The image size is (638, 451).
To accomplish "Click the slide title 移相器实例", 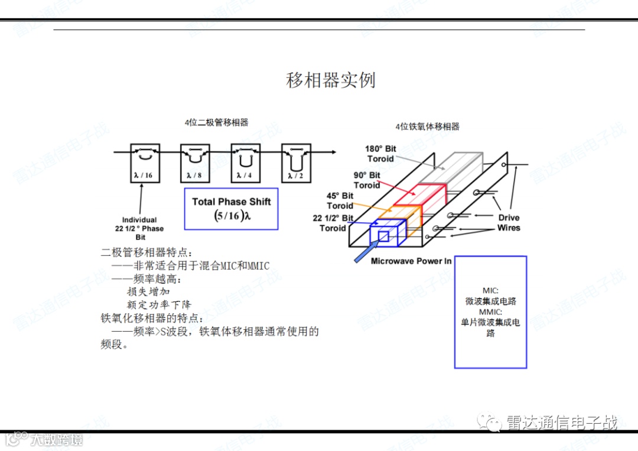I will coord(330,80).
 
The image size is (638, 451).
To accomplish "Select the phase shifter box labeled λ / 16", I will coord(145,163).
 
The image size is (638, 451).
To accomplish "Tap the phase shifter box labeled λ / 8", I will coord(195,163).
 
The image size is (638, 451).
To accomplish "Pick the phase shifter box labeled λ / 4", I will coord(245,163).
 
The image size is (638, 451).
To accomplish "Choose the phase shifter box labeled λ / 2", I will coord(296,163).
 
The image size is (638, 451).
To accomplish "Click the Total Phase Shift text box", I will coord(231,209).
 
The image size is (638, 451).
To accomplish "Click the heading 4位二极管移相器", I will coord(216,122).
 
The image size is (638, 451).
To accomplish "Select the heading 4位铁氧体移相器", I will coord(427,126).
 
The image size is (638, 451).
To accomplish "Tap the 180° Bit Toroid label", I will coord(380,154).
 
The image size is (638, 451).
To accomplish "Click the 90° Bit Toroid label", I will coord(367,180).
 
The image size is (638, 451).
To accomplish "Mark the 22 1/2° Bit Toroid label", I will coord(333,223).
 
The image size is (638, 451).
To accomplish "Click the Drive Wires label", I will coord(508,223).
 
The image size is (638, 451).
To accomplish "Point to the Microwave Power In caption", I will coord(411,261).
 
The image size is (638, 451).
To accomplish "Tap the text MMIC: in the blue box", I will coord(490,312).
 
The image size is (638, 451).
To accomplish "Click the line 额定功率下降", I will coord(159,304).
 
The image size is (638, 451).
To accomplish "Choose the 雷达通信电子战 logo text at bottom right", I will coord(561,423).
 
